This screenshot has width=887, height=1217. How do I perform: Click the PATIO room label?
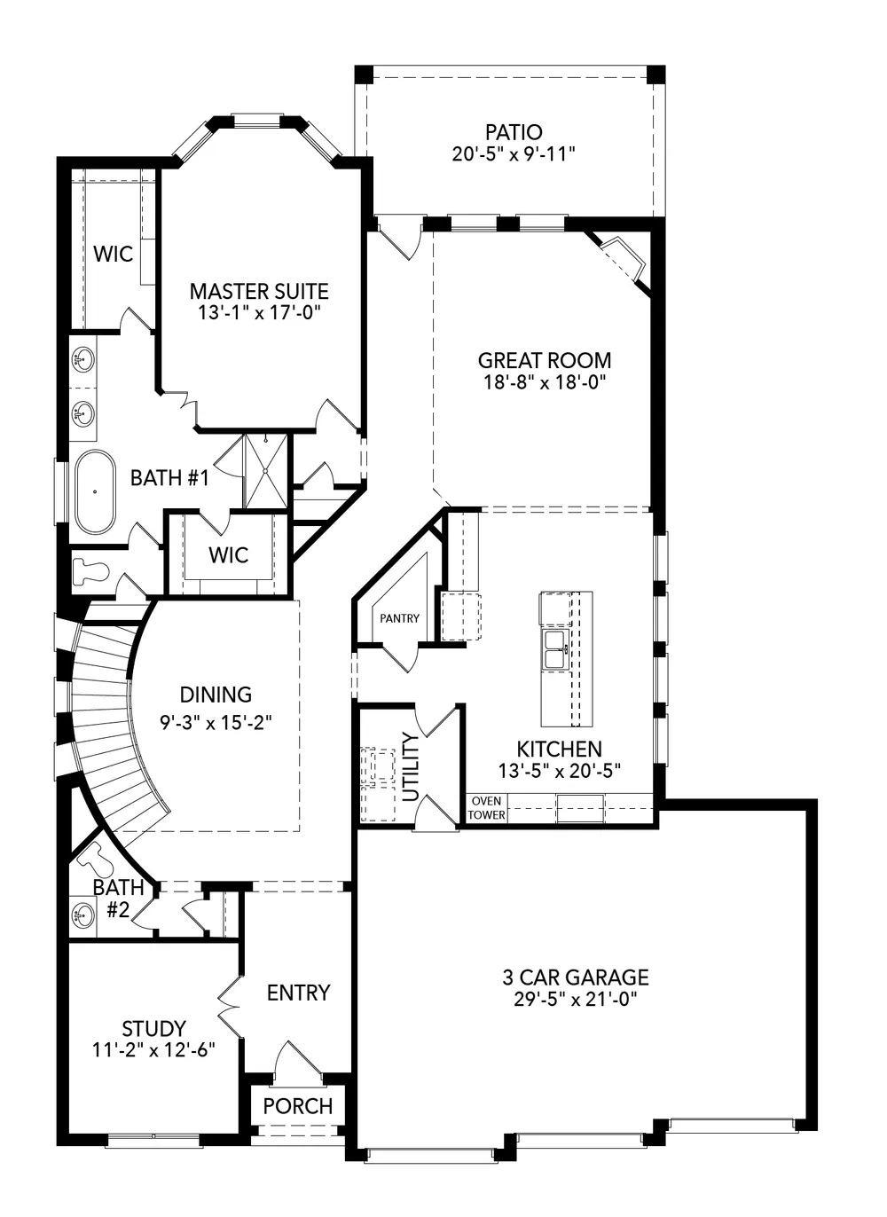(514, 132)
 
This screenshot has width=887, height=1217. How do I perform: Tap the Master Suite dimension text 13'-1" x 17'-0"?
(259, 312)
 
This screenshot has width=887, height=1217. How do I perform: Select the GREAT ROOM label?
(544, 360)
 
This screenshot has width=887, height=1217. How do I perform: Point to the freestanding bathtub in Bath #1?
(94, 492)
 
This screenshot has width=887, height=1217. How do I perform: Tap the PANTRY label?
(399, 618)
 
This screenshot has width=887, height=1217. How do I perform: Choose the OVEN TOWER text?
(486, 808)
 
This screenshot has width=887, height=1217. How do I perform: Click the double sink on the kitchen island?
(554, 649)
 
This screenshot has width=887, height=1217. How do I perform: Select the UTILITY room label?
(411, 766)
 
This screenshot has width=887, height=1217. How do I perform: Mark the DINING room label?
(216, 695)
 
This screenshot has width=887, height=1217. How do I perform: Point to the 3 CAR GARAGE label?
(576, 978)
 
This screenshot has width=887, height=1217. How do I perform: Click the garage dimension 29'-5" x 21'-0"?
(576, 999)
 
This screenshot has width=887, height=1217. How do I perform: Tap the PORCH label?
(298, 1106)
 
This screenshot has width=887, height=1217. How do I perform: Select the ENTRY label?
(298, 993)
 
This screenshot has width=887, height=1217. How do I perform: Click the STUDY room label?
(153, 1029)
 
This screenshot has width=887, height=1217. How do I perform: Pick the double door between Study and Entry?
(229, 1007)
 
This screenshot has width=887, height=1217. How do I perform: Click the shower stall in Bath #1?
(266, 470)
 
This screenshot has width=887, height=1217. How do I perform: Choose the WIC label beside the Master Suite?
(113, 255)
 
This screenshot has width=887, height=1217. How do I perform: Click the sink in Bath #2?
(83, 915)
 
